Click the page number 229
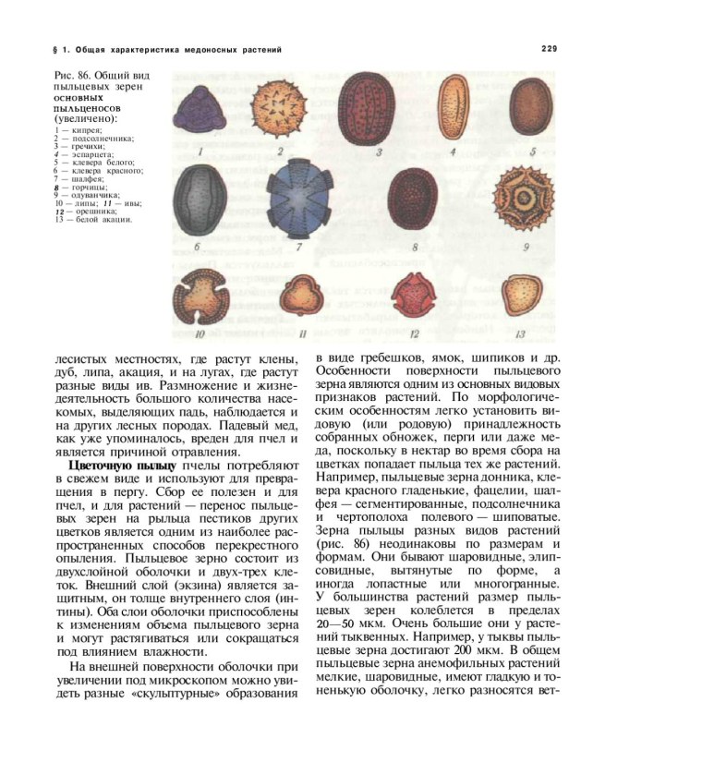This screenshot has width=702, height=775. point(549,48)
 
